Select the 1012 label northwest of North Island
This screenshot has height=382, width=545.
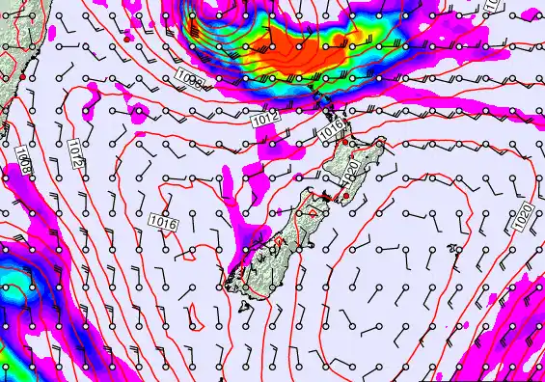coord(267,120)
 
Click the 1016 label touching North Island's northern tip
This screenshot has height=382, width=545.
coord(331,127)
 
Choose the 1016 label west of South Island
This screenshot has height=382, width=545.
coord(164,222)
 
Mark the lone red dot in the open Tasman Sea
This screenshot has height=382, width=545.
coord(127,41)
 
